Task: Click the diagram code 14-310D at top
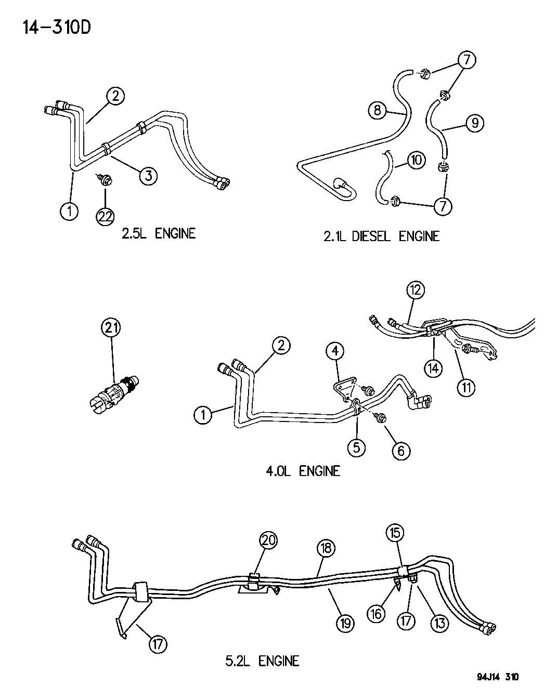57,28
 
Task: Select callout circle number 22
105,217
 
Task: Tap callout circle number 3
148,176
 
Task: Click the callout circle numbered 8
377,110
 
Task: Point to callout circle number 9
475,123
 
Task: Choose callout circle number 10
417,160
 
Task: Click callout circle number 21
111,328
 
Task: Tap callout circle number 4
335,351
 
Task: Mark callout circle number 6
401,451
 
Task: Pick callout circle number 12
416,291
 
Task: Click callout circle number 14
434,368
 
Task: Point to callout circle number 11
466,388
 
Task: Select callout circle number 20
269,540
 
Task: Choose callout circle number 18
327,548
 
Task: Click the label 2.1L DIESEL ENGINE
381,236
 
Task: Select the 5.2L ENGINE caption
262,662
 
